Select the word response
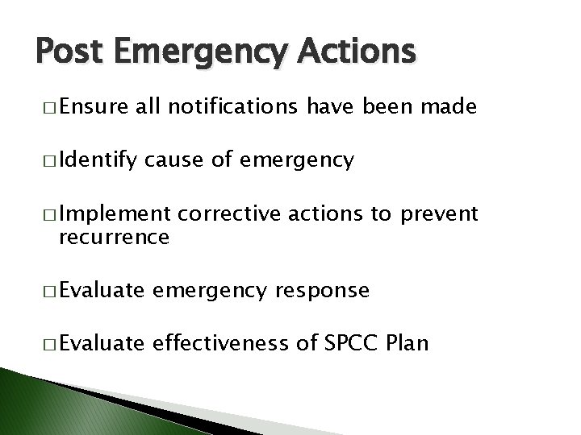point(321,291)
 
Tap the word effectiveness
point(250,343)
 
